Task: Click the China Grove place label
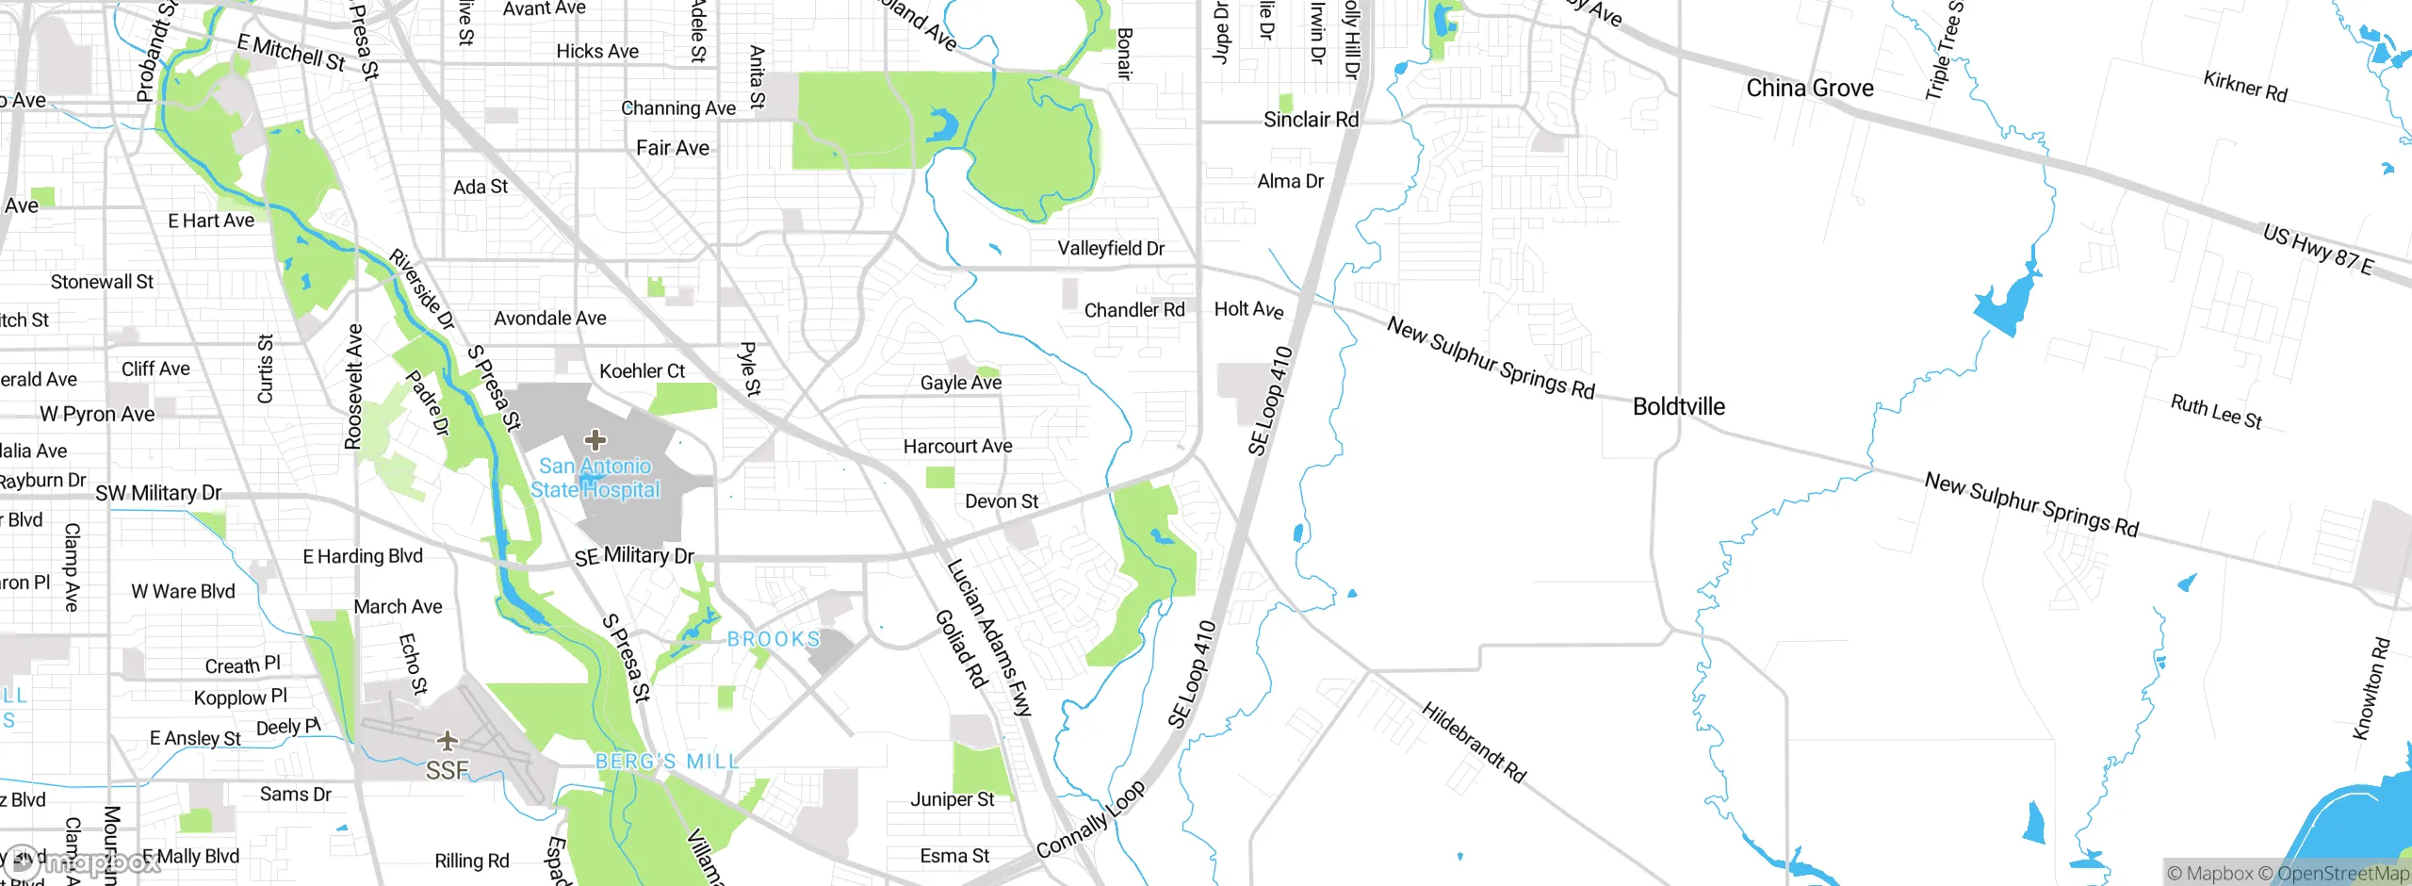click(x=1809, y=89)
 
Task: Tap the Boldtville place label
click(x=1678, y=406)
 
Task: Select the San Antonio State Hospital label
click(x=595, y=478)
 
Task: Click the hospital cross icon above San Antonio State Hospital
click(x=595, y=439)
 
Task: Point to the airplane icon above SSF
click(x=448, y=740)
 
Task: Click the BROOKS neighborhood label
click(x=774, y=639)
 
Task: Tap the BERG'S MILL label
click(x=666, y=761)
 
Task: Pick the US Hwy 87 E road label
click(x=2318, y=249)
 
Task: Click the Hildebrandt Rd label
click(x=1473, y=742)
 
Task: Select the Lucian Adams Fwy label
click(x=989, y=637)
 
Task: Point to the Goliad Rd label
click(x=960, y=648)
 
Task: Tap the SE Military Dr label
click(x=634, y=556)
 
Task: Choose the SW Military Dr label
click(x=158, y=493)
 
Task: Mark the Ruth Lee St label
click(x=2216, y=412)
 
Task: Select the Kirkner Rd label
click(x=2244, y=87)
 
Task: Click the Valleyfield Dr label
click(x=1110, y=249)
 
